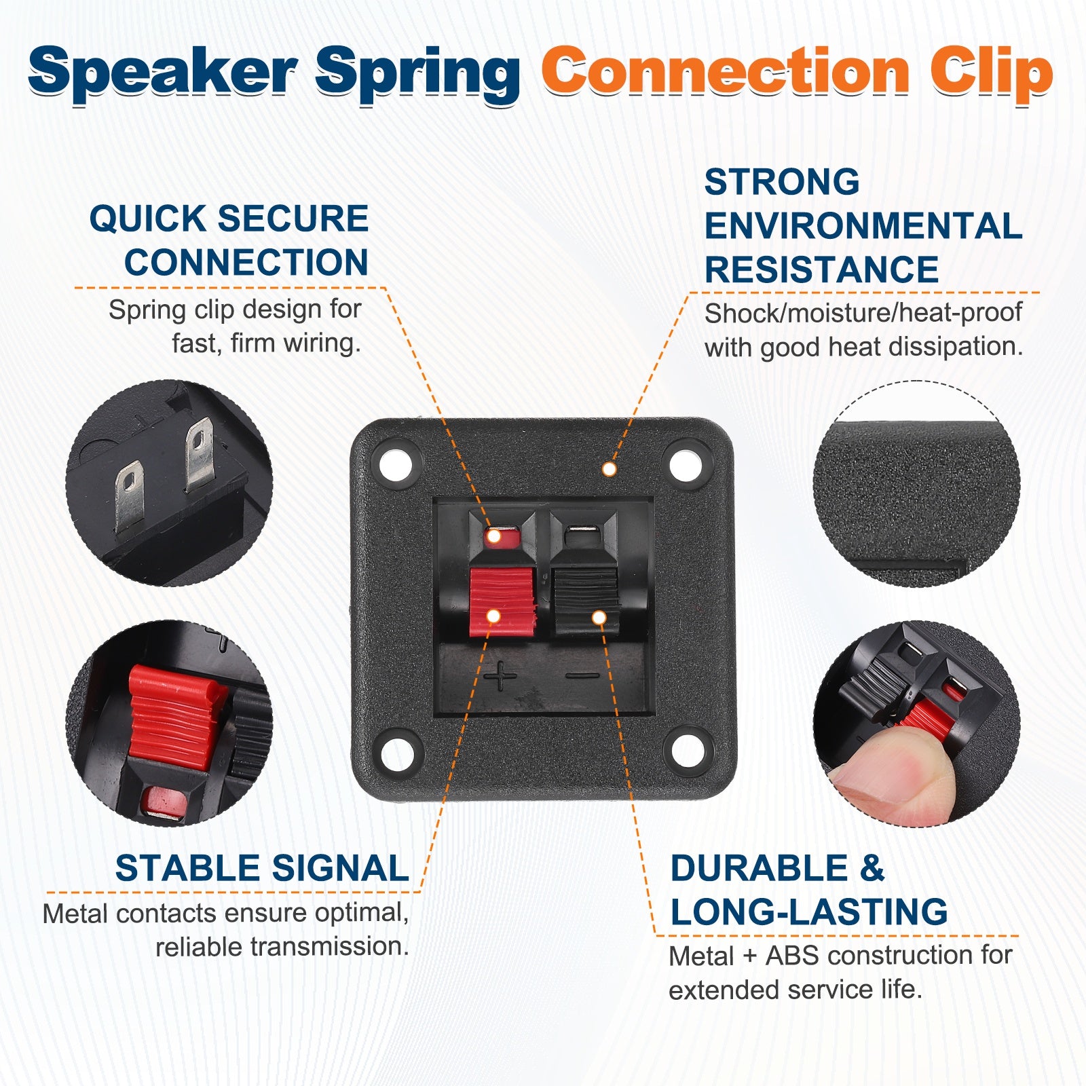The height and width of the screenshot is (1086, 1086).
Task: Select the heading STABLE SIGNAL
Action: pyautogui.click(x=262, y=868)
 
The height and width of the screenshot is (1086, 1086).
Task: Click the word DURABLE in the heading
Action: pyautogui.click(x=759, y=868)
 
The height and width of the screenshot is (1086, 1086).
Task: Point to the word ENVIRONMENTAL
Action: pyautogui.click(x=863, y=226)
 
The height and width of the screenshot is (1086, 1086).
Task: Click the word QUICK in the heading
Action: pyautogui.click(x=147, y=219)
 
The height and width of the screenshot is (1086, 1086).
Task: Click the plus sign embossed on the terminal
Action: pyautogui.click(x=500, y=675)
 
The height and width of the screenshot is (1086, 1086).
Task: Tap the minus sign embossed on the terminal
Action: pyautogui.click(x=583, y=675)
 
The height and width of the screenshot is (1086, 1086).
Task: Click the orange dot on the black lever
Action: pyautogui.click(x=599, y=617)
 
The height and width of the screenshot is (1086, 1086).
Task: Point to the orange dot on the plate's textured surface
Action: pyautogui.click(x=610, y=469)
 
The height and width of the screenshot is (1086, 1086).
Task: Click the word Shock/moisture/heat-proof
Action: pyautogui.click(x=863, y=313)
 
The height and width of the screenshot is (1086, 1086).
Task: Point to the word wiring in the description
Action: pyautogui.click(x=322, y=343)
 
